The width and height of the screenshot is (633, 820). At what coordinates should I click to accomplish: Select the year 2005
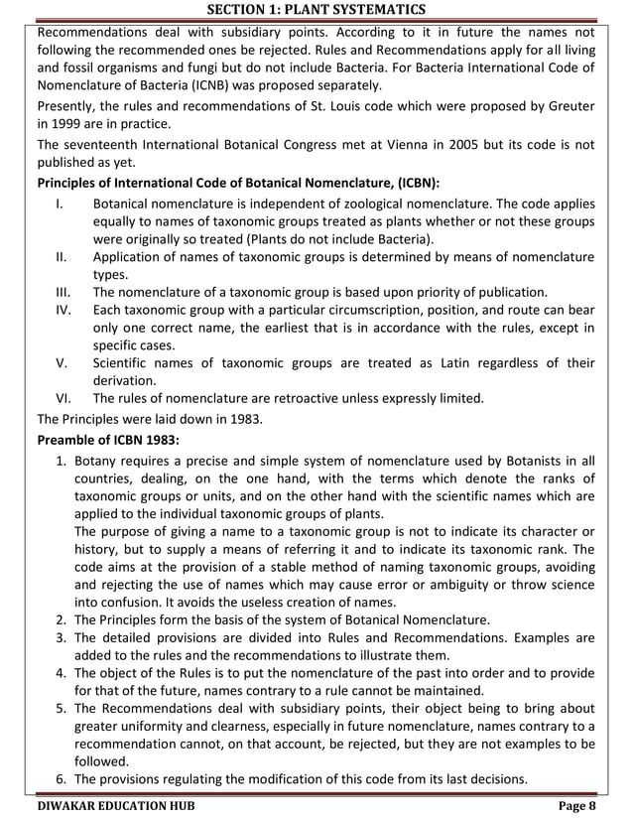click(436, 144)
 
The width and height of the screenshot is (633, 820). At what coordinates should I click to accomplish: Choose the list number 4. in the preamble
click(61, 673)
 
